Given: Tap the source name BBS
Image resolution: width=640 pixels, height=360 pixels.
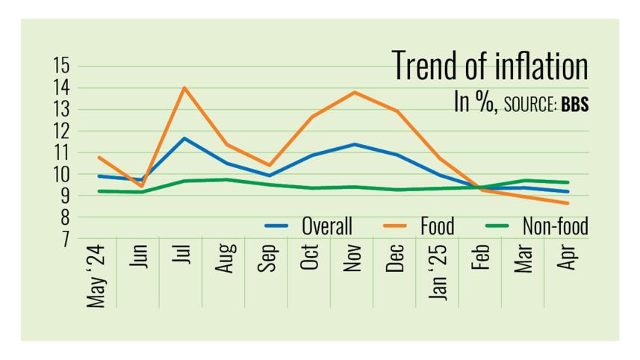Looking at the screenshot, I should tap(574, 105).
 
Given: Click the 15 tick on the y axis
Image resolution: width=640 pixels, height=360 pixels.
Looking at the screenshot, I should tap(60, 66).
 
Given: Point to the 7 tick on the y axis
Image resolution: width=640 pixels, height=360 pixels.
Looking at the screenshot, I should tap(64, 239).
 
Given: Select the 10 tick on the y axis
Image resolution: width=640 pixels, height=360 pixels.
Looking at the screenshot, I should tap(60, 174).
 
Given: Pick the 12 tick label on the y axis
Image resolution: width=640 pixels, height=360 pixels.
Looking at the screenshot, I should tap(60, 131).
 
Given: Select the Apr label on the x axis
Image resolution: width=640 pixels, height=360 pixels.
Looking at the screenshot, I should tap(568, 258).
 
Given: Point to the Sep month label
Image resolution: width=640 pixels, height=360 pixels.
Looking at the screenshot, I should tap(267, 258).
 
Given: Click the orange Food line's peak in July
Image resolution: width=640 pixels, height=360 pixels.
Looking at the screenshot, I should tap(184, 88).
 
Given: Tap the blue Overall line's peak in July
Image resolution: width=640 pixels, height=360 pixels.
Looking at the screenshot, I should tap(184, 138).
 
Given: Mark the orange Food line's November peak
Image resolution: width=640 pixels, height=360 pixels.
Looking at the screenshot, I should tap(354, 92).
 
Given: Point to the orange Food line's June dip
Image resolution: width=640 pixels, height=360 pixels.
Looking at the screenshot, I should tap(141, 186).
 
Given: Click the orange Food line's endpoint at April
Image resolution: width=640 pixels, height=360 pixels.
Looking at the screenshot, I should tap(568, 203).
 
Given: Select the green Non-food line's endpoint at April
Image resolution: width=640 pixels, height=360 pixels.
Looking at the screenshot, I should tap(568, 182).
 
